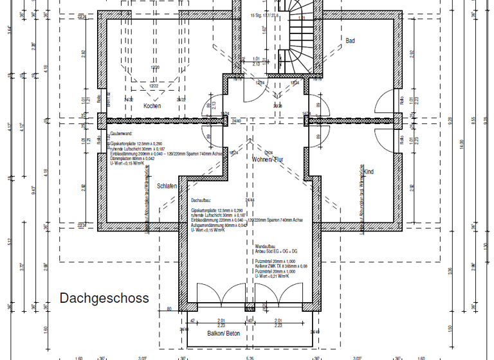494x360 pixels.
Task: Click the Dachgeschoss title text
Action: click(104, 298)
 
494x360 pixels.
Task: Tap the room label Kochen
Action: click(152, 106)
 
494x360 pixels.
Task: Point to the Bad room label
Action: click(351, 41)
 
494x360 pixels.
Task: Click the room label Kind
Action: click(369, 172)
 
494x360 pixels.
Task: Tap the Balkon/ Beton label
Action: click(223, 334)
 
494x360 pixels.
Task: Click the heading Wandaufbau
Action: click(265, 246)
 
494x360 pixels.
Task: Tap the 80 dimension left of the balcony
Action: click(169, 309)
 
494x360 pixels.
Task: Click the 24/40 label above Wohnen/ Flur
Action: click(236, 120)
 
